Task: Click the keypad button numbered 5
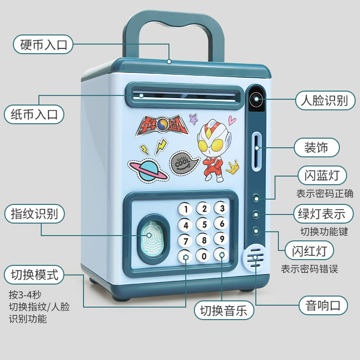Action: [204, 224]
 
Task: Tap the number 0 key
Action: [203, 255]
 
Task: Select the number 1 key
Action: [185, 209]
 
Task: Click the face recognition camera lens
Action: [256, 99]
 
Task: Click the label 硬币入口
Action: [43, 45]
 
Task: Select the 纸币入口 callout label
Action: [34, 114]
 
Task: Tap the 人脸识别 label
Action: [325, 100]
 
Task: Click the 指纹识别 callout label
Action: [35, 214]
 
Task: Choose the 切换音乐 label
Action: [224, 310]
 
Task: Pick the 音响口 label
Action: [323, 306]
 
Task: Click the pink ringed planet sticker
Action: [148, 171]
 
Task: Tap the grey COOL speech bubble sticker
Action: [184, 162]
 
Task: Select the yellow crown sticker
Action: [233, 167]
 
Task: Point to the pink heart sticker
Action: [232, 120]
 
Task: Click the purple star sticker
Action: [193, 119]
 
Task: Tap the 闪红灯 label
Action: [309, 251]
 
